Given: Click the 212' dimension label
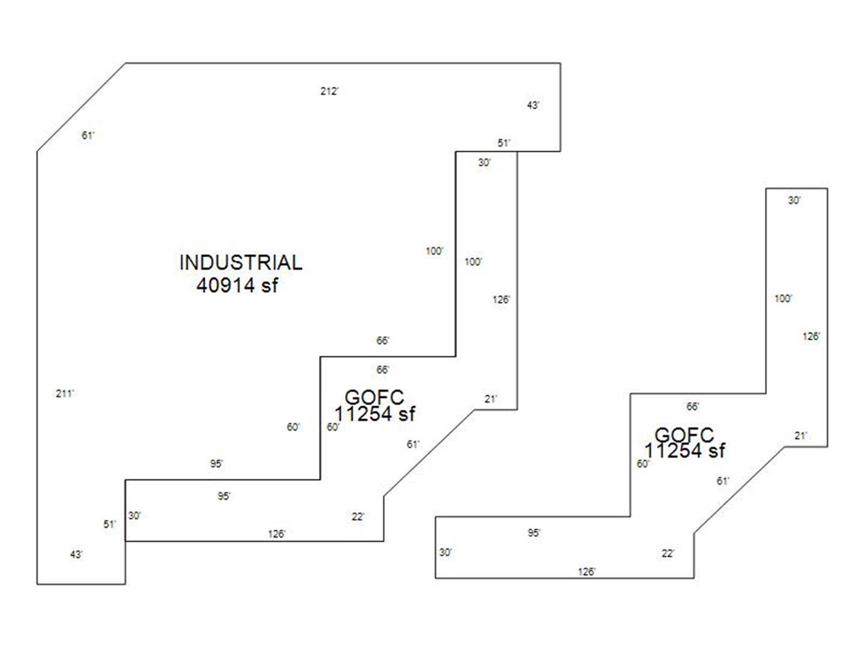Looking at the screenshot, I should point(329,91).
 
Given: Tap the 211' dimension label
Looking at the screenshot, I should point(65,394).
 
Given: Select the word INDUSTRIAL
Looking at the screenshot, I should point(241,262).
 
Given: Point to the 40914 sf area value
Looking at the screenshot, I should point(237,285).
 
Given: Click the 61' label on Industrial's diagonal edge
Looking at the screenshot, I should point(88,136).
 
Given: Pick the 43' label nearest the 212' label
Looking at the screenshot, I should point(533,106).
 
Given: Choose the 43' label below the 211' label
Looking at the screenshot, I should point(76,554).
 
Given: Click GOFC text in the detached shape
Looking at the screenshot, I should point(684,434).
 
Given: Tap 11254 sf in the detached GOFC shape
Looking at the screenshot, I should point(685,451).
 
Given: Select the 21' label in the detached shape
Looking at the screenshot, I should point(801,436).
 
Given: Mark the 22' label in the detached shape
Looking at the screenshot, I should point(668,554).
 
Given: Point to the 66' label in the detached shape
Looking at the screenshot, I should point(692,407).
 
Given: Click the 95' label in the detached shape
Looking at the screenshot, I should point(534,533).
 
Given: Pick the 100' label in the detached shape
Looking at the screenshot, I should point(783,299).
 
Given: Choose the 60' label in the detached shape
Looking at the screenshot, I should point(643,464).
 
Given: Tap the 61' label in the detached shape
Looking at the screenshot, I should point(723,481).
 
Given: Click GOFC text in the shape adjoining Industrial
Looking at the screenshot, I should point(374,397).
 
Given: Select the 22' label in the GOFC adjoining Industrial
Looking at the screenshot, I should point(358,517).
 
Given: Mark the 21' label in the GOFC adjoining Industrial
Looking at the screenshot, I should point(491,399).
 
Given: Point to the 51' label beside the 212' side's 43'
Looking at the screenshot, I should point(504,143).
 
